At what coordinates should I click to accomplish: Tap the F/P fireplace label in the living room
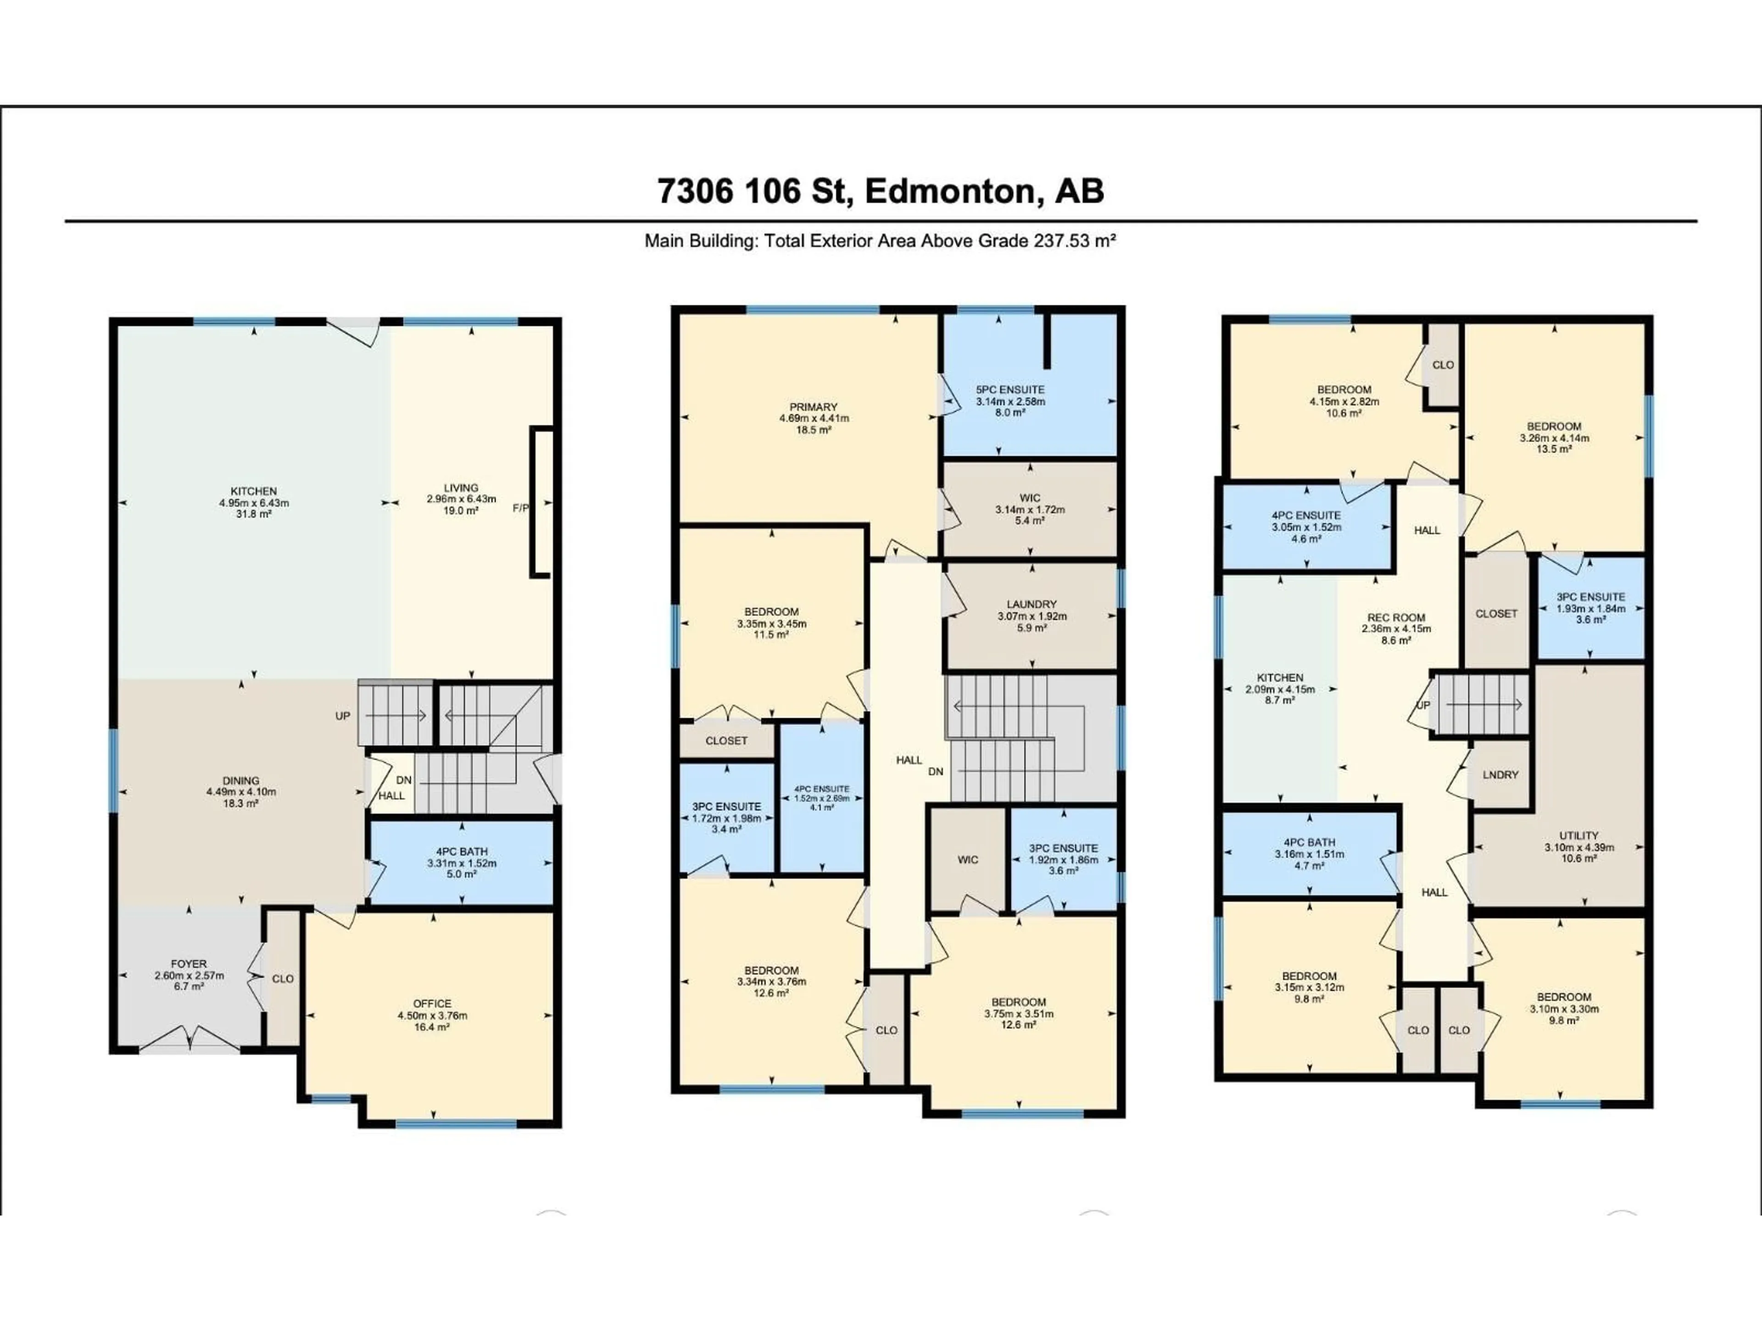(x=519, y=507)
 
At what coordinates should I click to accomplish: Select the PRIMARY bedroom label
(x=813, y=407)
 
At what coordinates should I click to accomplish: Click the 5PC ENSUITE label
(x=1010, y=389)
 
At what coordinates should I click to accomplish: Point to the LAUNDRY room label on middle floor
(x=1032, y=605)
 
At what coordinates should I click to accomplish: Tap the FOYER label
(x=189, y=964)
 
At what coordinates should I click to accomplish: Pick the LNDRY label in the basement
(x=1501, y=775)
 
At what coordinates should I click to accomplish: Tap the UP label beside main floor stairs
(x=342, y=716)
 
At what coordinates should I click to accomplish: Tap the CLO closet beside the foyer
(x=283, y=979)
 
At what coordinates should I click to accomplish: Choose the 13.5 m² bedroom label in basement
(x=1554, y=449)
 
